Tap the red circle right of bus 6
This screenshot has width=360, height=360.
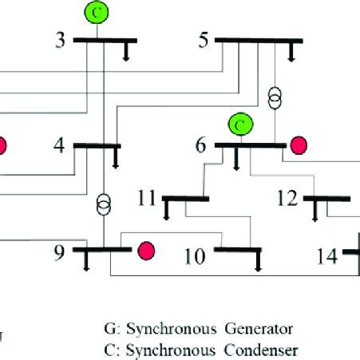coord(299,144)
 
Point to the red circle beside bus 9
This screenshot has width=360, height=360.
coord(145,251)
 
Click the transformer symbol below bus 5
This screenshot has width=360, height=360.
coord(275,97)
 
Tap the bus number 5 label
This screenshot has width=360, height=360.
coord(204,39)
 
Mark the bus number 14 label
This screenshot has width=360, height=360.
coord(326,256)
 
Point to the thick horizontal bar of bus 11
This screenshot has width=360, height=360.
coord(185,198)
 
